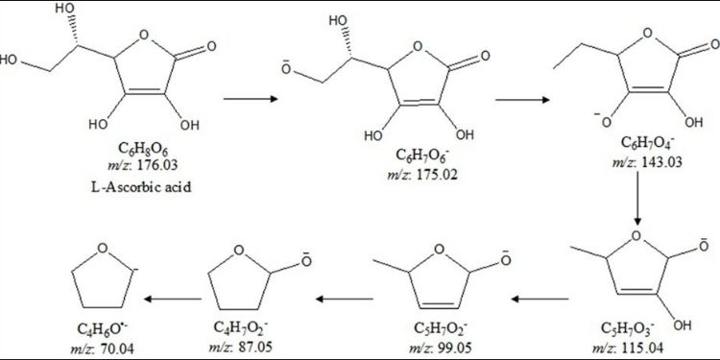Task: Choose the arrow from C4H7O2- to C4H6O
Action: [x=175, y=299]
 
